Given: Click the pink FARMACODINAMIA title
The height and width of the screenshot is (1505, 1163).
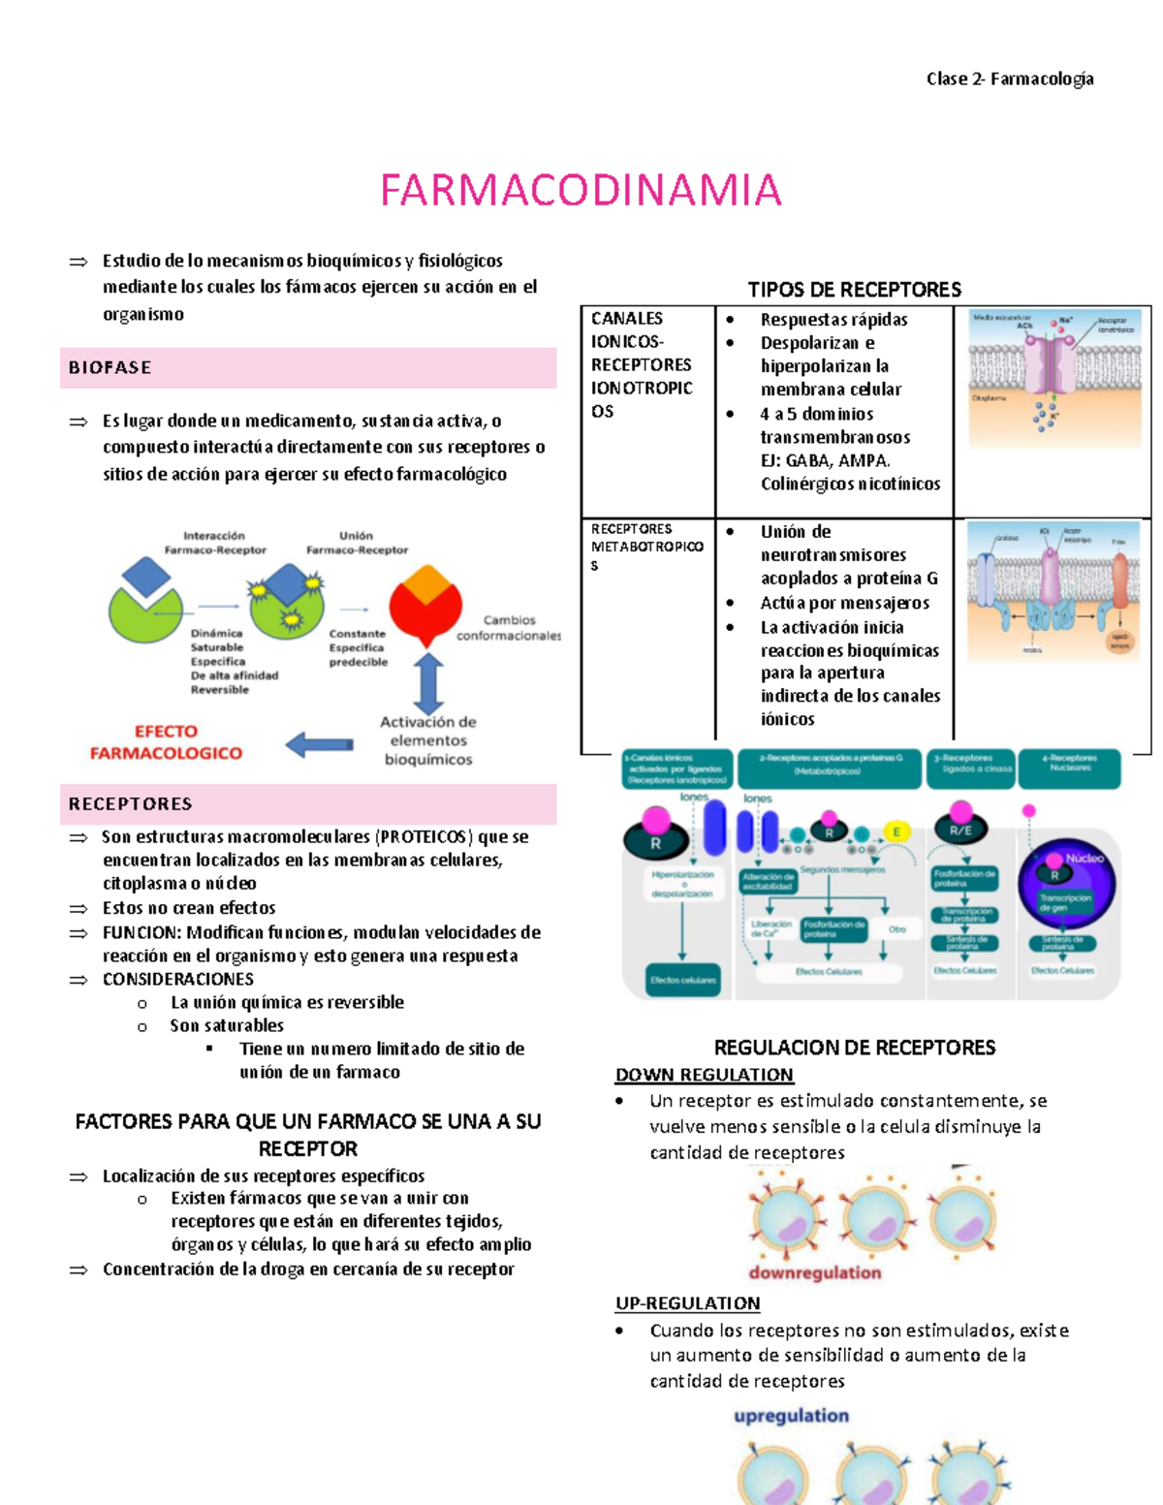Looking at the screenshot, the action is click(x=581, y=190).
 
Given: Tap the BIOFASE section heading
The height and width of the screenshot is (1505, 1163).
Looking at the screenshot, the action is click(x=110, y=368).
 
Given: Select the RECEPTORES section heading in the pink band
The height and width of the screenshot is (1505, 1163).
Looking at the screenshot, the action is click(x=131, y=804).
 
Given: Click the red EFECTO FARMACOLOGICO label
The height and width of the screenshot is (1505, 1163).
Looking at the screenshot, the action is click(x=166, y=742).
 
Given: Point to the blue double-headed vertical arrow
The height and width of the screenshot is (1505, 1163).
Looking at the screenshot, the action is click(x=428, y=683).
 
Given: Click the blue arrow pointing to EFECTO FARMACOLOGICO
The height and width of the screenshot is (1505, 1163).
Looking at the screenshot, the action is click(x=320, y=744).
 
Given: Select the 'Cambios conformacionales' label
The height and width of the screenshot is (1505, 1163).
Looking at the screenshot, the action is click(x=509, y=628).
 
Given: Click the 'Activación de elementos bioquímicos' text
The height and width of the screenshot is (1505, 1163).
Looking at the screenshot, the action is click(x=428, y=741).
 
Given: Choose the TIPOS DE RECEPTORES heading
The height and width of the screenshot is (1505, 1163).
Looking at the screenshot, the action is click(x=854, y=290).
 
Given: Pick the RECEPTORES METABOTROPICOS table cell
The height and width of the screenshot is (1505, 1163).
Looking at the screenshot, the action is click(x=646, y=547).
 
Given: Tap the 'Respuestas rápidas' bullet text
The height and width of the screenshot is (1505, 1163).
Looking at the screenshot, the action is click(x=833, y=320).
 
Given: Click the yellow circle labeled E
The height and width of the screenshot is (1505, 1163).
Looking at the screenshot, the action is click(x=896, y=831).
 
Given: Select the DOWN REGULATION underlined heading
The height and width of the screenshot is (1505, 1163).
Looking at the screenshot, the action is click(x=705, y=1075).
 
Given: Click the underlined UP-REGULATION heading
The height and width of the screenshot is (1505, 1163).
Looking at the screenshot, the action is click(x=688, y=1303).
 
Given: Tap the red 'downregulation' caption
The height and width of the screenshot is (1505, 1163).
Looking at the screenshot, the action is click(x=815, y=1273).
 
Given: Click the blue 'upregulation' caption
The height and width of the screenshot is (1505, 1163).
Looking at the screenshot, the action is click(x=791, y=1416).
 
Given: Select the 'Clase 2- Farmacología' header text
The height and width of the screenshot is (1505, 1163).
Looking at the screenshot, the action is click(x=1010, y=78).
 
